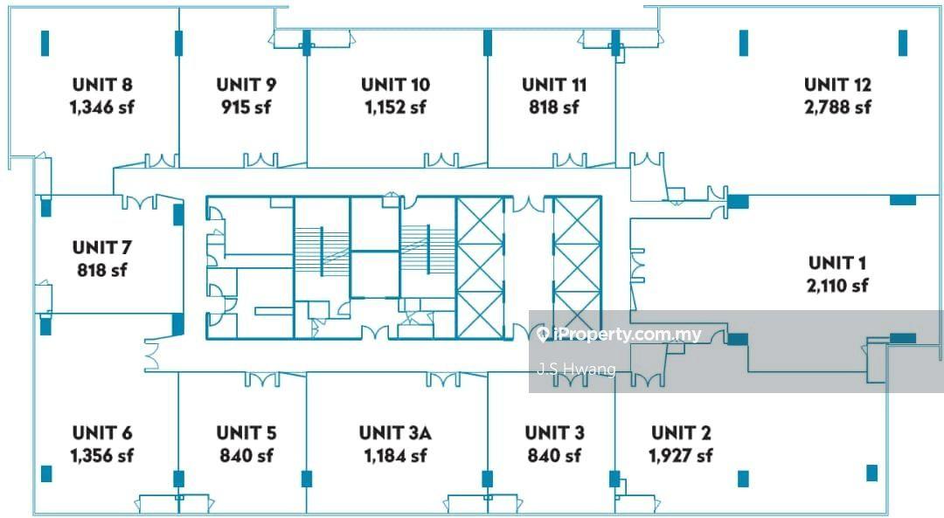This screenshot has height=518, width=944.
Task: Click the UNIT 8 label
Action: click(102, 85)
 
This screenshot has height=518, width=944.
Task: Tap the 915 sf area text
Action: click(246, 107)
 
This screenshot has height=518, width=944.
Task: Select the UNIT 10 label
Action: click(396, 85)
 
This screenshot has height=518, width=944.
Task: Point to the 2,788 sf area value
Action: click(837, 107)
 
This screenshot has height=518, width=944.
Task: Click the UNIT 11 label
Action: click(554, 85)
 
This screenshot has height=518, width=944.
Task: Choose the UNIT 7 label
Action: click(101, 247)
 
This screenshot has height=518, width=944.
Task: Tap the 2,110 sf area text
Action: click(837, 285)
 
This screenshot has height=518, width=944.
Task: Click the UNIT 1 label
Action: click(837, 263)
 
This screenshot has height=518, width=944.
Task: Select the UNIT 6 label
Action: click(102, 432)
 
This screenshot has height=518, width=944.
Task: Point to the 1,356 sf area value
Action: click(101, 455)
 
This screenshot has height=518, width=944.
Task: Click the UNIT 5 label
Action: click(246, 432)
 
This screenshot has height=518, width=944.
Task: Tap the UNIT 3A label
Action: click(395, 432)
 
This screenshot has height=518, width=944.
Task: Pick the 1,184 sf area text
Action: click(395, 455)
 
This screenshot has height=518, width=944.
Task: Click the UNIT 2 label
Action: click(681, 432)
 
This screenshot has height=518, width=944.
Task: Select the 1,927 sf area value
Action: click(681, 455)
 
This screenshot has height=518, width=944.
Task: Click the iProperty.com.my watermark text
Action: click(628, 335)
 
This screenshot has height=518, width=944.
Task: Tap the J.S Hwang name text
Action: click(577, 369)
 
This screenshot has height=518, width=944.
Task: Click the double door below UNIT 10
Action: click(441, 161)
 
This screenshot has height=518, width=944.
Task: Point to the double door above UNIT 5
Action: click(262, 380)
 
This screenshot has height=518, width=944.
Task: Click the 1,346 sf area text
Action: click(101, 107)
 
